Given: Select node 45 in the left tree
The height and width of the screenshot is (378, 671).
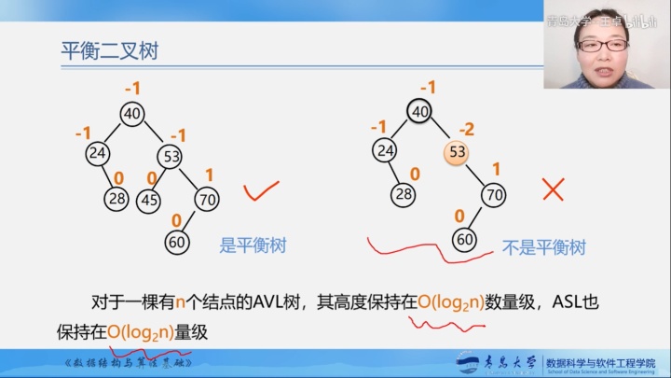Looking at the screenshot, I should click(x=149, y=200).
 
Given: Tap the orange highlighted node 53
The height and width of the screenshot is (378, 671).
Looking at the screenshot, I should click(x=457, y=152).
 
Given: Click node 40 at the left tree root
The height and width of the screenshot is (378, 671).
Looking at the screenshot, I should click(x=132, y=114).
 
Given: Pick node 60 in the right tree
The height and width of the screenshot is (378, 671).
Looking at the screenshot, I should click(x=464, y=239).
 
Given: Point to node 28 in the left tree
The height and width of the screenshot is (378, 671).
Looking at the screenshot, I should click(x=116, y=197).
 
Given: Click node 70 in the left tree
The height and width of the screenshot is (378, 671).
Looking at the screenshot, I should click(x=206, y=199).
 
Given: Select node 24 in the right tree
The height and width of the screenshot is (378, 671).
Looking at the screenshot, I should click(x=384, y=149).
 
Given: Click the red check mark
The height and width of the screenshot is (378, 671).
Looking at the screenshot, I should click(x=262, y=192).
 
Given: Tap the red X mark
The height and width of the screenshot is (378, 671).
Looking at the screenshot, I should click(x=554, y=190).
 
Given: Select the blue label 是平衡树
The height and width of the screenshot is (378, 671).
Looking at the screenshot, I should click(x=252, y=246).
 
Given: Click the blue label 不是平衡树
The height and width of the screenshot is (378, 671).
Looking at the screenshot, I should click(x=544, y=247).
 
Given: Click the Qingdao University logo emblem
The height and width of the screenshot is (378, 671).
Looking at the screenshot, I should click(x=467, y=362).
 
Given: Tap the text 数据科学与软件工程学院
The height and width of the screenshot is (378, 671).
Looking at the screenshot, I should click(x=601, y=360).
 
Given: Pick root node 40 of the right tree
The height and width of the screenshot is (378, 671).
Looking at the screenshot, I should click(x=420, y=112).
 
